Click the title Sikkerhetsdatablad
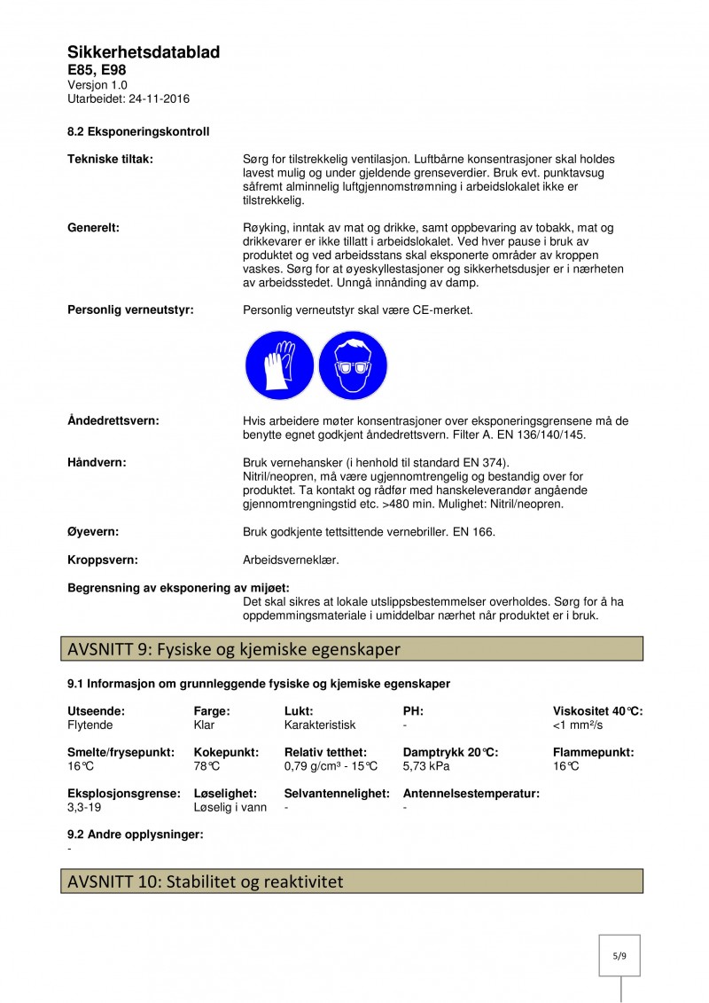tap(144, 53)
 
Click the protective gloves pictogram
tap(279, 365)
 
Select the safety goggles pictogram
tap(353, 365)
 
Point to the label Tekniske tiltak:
tap(110, 159)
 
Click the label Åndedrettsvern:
tap(113, 420)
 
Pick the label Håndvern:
tap(97, 462)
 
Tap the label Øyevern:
tap(93, 532)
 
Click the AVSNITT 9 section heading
tap(234, 649)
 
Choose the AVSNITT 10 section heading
tap(205, 882)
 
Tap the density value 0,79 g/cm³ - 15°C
tap(331, 765)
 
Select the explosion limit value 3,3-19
tap(86, 808)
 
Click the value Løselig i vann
tap(230, 808)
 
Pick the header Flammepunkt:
tap(593, 752)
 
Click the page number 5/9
tap(619, 956)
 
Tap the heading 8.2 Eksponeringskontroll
tap(138, 132)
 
